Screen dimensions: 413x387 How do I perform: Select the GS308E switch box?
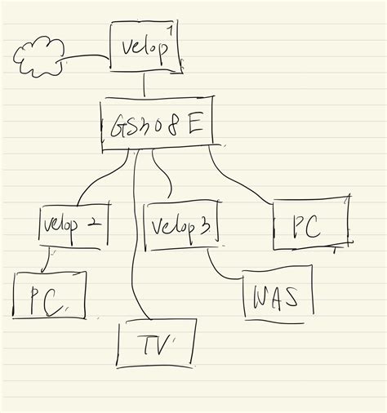(x=158, y=125)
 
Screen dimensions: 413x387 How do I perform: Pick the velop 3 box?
(x=181, y=224)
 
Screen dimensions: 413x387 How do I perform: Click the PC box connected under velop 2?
(x=48, y=297)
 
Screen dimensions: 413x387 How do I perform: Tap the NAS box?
(x=277, y=297)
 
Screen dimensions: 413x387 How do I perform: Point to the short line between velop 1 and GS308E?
(x=145, y=84)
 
